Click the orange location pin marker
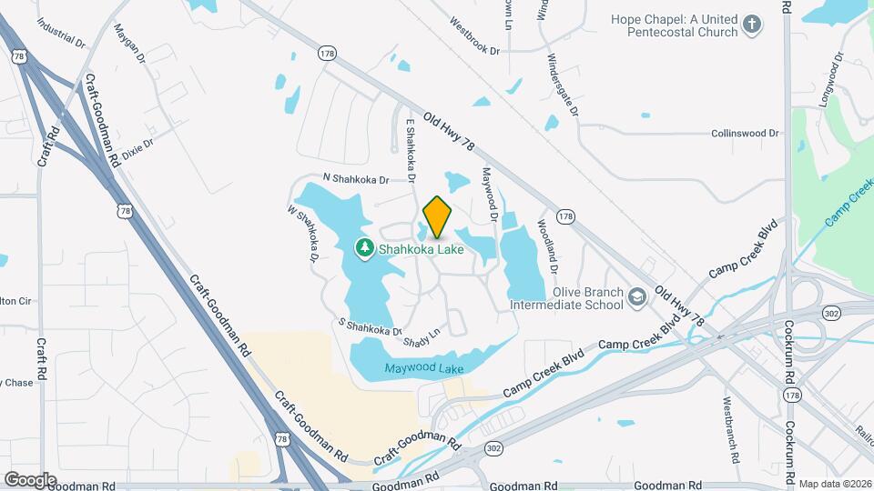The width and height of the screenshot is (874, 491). [437, 216]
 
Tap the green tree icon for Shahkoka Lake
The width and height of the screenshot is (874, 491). [364, 247]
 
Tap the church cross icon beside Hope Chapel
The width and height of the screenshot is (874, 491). [751, 25]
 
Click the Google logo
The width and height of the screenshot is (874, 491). [31, 479]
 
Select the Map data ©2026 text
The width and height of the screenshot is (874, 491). [835, 484]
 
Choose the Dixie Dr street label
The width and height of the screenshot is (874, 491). [138, 148]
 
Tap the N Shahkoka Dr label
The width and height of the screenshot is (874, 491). [355, 179]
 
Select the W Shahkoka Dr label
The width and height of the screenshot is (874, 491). [303, 234]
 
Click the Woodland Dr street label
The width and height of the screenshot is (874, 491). [546, 245]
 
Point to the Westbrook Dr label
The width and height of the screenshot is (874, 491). [475, 35]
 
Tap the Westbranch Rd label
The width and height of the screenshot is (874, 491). [734, 426]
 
